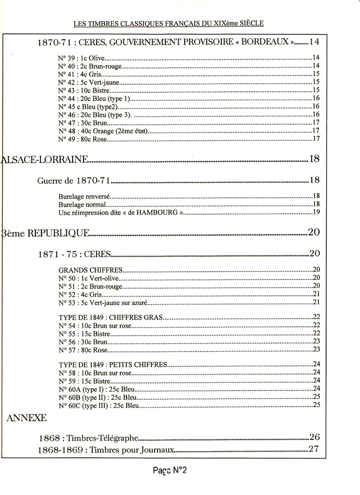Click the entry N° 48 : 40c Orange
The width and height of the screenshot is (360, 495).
(x=102, y=131)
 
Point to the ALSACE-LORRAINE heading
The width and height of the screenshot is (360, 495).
(x=45, y=159)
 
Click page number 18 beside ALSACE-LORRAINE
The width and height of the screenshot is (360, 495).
(x=314, y=159)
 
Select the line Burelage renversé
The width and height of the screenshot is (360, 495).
(x=85, y=196)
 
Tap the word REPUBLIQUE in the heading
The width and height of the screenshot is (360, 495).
(x=58, y=233)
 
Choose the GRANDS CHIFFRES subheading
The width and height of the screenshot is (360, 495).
(x=90, y=270)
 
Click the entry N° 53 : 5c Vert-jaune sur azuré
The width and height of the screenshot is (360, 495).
(x=102, y=303)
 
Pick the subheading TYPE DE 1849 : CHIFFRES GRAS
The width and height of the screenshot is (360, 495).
(x=111, y=318)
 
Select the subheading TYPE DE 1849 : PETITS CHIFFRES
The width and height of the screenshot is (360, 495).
(x=113, y=364)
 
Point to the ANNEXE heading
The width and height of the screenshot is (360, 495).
(x=26, y=418)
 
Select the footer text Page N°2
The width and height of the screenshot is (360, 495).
(x=170, y=470)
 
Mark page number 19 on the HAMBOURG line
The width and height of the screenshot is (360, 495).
(x=317, y=212)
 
